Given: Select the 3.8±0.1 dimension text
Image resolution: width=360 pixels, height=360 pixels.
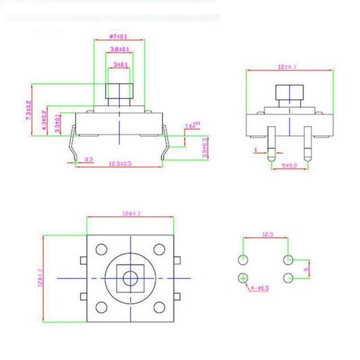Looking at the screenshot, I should (x=120, y=50).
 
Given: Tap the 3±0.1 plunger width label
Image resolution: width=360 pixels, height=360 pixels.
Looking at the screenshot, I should (x=120, y=64).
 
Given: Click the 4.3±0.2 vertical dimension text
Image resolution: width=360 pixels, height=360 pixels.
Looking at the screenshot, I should (x=44, y=120).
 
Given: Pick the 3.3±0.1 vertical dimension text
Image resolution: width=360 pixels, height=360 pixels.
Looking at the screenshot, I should (x=58, y=124).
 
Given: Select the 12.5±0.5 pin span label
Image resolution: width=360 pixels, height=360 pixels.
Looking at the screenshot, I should (x=120, y=163).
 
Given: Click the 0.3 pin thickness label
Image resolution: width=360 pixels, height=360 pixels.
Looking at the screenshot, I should (x=88, y=160).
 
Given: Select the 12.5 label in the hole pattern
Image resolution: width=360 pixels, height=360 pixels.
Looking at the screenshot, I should (x=267, y=236).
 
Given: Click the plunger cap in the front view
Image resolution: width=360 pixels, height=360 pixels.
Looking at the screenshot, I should (x=119, y=92).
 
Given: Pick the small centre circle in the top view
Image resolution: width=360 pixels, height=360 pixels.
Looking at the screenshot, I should (x=129, y=277).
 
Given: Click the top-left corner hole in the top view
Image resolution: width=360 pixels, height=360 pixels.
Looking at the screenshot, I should (x=100, y=248).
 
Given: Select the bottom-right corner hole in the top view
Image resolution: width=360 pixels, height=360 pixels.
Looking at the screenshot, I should (x=158, y=307).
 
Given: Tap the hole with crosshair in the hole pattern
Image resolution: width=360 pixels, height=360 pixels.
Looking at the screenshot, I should (x=243, y=278).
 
